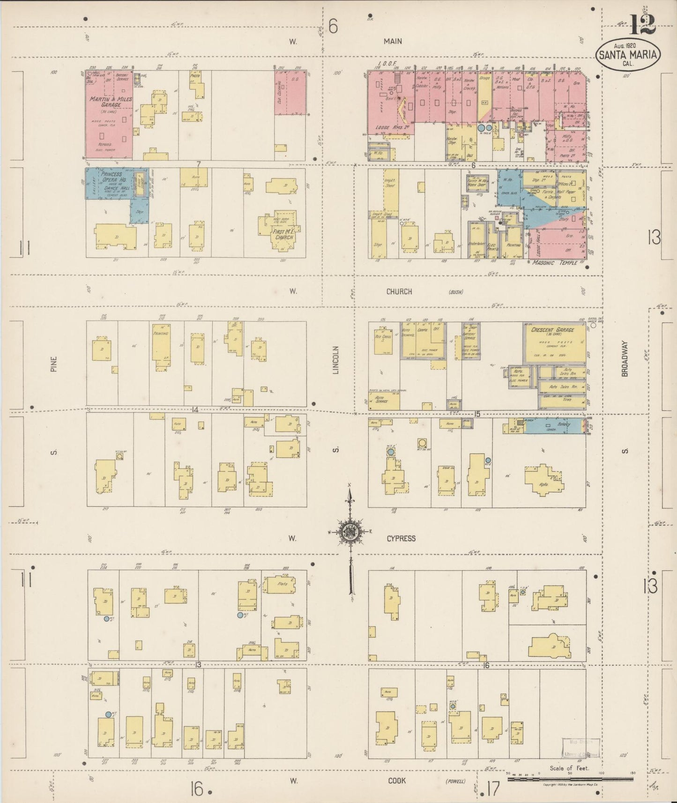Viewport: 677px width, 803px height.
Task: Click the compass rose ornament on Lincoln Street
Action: (349, 531)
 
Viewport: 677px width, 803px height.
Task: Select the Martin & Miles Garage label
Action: (112, 102)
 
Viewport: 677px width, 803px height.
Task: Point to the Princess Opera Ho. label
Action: (111, 177)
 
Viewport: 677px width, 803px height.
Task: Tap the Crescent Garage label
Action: (553, 330)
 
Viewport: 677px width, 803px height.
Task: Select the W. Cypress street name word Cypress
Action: (401, 538)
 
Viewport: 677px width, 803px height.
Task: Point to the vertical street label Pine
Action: (54, 364)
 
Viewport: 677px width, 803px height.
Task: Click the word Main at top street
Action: (393, 41)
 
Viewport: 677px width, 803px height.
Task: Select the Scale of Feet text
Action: (569, 768)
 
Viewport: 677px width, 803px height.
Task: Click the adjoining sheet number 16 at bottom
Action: (197, 789)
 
